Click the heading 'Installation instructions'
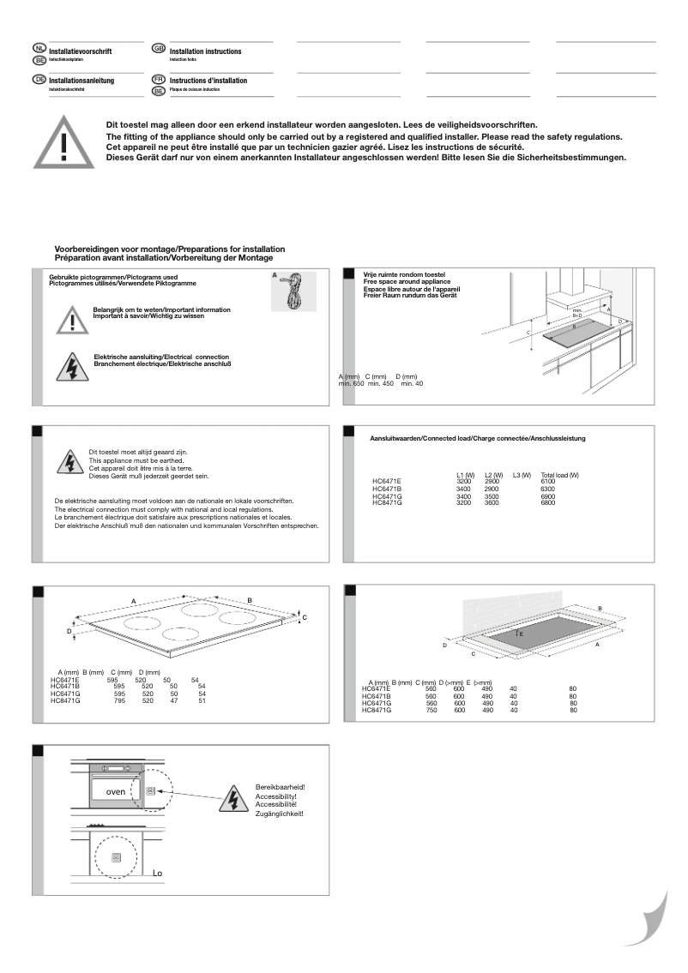206,52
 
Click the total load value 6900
548,497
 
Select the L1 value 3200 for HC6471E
464,482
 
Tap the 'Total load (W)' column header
559,475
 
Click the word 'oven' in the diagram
115,791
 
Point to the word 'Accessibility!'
275,796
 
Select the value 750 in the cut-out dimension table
432,710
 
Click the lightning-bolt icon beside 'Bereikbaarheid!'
233,797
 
